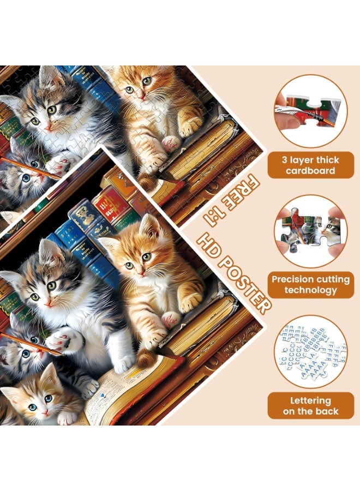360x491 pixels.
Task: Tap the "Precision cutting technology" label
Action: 311,285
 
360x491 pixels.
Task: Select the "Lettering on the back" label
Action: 311,406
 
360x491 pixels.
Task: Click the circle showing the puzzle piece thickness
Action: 310,111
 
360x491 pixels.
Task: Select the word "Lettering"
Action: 311,400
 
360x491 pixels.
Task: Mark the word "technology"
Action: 311,290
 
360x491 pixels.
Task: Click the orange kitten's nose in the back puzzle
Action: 140,94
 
